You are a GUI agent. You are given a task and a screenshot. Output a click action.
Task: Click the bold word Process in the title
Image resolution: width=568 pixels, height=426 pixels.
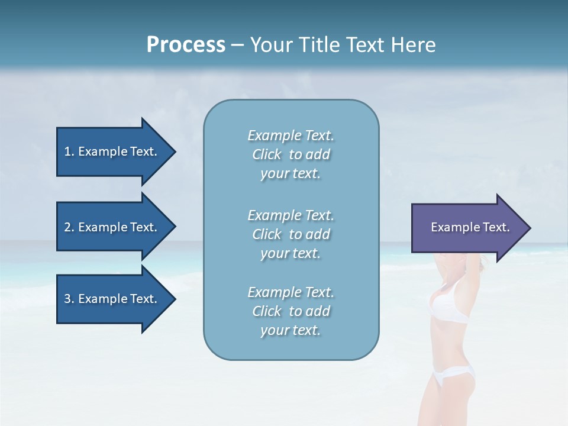[x=186, y=45]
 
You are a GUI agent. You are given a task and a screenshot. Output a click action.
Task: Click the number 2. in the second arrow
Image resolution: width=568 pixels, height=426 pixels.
[x=69, y=227]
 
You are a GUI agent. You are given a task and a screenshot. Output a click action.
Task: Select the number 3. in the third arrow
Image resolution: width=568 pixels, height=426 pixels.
[x=69, y=299]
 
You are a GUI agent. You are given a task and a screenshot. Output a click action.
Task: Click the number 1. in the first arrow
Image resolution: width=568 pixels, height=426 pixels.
[x=69, y=151]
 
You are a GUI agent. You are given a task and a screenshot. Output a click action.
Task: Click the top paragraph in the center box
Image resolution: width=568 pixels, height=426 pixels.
[x=291, y=154]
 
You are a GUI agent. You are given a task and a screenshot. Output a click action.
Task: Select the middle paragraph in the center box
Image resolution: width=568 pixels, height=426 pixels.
[x=291, y=234]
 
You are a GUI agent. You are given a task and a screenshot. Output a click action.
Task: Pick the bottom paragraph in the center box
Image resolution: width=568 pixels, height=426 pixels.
[x=291, y=311]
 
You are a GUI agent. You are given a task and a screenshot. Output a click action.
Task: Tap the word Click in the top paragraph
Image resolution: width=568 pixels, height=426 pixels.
[x=267, y=154]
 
